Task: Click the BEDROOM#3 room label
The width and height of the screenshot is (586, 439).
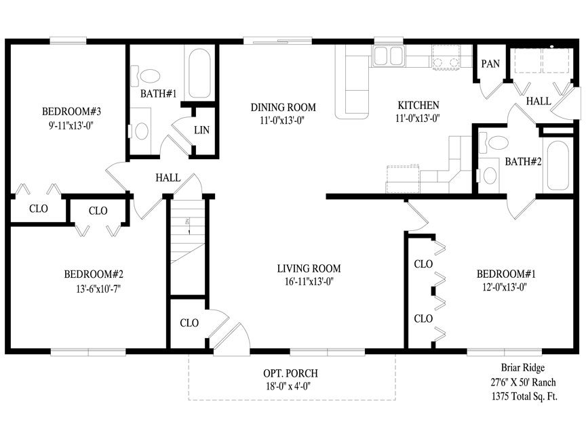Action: (x=71, y=111)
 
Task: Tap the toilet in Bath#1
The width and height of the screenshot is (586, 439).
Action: (x=145, y=75)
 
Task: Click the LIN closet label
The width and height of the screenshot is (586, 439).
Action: (x=202, y=130)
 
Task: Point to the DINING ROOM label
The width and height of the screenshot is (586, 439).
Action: (x=284, y=108)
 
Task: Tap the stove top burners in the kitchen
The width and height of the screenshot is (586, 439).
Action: (x=446, y=57)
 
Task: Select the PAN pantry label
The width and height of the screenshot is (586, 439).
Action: (x=490, y=64)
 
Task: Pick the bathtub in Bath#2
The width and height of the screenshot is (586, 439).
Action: (x=558, y=166)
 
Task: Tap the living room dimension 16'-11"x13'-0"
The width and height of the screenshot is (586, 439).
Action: (x=309, y=281)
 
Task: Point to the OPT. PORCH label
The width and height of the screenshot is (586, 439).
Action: (x=291, y=373)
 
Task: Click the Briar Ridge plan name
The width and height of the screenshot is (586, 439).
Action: (x=523, y=368)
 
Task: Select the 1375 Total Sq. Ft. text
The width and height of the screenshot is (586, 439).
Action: (x=524, y=396)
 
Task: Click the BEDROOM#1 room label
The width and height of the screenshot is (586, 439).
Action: (x=506, y=274)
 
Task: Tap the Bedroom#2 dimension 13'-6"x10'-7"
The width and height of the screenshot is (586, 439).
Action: (x=98, y=289)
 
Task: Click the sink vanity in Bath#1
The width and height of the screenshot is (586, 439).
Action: (x=140, y=131)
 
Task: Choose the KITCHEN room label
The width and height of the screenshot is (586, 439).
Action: (x=418, y=105)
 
